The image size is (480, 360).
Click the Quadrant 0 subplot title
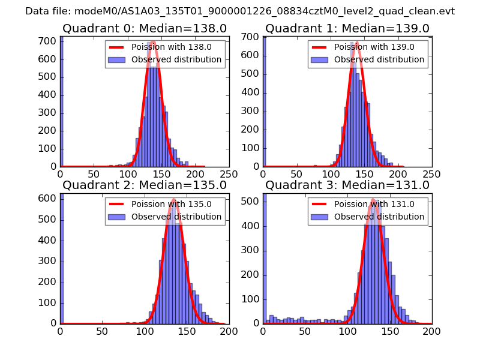(145, 28)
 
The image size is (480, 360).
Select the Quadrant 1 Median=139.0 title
(347, 28)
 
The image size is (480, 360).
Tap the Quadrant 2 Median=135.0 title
(145, 185)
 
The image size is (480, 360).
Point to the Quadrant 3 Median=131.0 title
(347, 185)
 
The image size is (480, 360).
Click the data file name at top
(240, 11)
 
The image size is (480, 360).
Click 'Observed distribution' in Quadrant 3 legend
(379, 217)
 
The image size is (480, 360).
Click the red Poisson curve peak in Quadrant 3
(373, 200)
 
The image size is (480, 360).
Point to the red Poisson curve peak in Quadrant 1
(357, 43)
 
